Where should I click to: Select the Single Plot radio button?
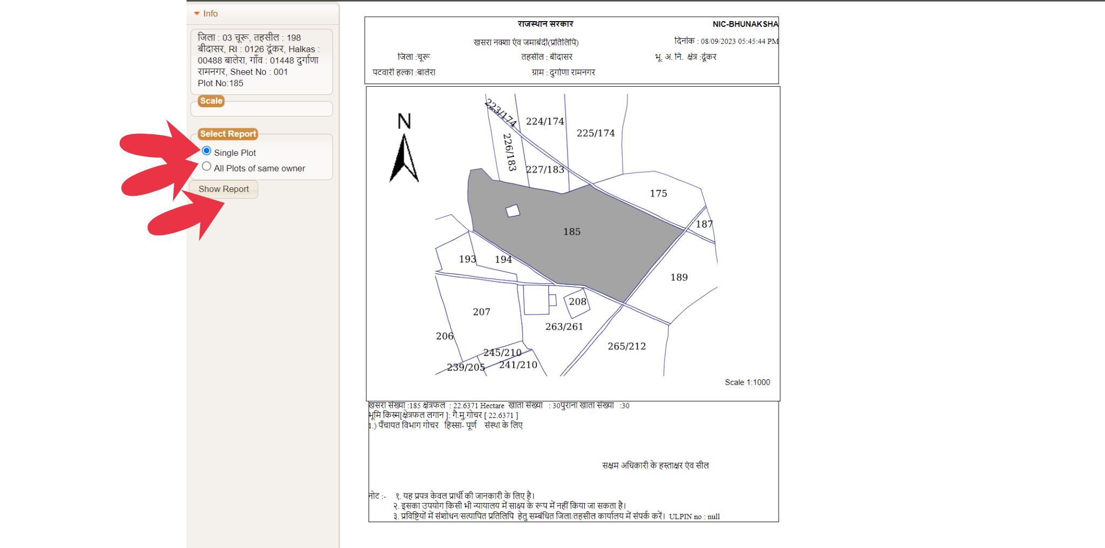[206, 151]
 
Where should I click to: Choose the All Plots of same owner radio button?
[206, 167]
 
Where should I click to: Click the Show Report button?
[223, 189]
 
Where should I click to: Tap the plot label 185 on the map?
[572, 232]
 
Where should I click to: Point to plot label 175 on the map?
[658, 194]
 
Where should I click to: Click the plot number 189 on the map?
[679, 278]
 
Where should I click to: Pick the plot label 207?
[481, 312]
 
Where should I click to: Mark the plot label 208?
[577, 302]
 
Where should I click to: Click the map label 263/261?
[564, 327]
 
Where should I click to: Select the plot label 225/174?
[595, 133]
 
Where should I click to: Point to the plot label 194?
[503, 260]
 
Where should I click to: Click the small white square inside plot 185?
[513, 211]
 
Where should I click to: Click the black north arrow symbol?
[404, 159]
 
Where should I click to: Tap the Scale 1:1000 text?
[747, 382]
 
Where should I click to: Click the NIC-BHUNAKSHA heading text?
[745, 24]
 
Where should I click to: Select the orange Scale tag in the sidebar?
[211, 101]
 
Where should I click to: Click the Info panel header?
[210, 14]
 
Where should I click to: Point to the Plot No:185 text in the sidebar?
[221, 84]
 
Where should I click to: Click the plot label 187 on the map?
[704, 224]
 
